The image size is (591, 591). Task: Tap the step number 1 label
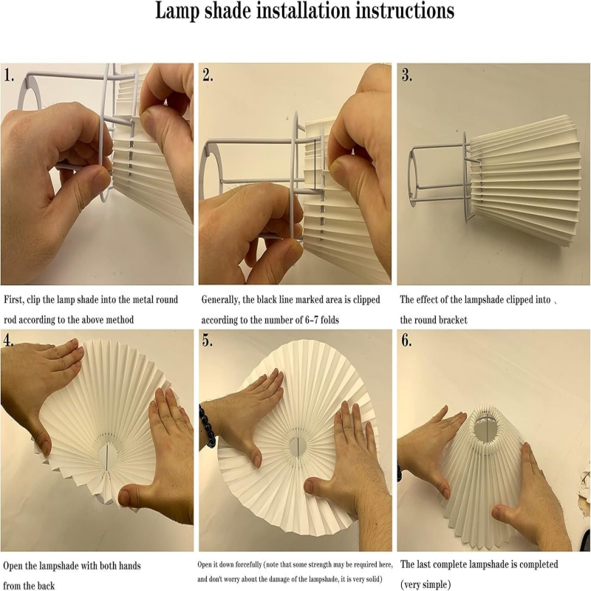(x=9, y=75)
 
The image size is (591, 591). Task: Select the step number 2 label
(x=208, y=75)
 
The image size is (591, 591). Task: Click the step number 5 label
(x=208, y=341)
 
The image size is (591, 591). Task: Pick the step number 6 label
(x=406, y=341)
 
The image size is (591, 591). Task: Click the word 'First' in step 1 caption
(x=13, y=300)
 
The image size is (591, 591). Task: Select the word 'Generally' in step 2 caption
(x=219, y=301)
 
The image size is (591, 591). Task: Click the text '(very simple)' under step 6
(x=426, y=584)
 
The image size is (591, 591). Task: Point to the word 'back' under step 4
(x=46, y=585)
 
